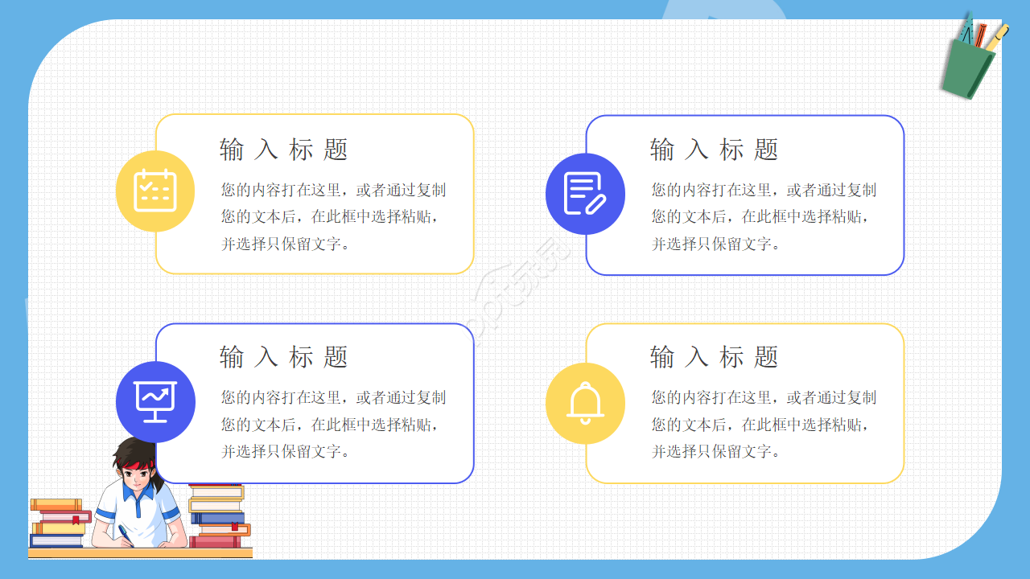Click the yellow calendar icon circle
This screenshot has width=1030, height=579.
click(155, 191)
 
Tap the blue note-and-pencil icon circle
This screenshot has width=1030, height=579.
click(585, 194)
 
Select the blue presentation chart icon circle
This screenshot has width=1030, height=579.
click(155, 401)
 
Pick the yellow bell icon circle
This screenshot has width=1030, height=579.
click(585, 403)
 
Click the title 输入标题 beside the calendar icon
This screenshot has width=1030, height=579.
click(284, 150)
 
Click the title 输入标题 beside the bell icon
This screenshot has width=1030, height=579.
click(715, 357)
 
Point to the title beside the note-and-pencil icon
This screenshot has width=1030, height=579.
click(715, 150)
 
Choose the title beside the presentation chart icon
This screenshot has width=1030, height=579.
click(284, 357)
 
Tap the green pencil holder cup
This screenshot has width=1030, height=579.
click(968, 69)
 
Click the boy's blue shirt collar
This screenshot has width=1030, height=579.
click(141, 502)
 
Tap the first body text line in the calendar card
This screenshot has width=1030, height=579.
click(333, 191)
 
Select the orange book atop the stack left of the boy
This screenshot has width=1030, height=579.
click(56, 504)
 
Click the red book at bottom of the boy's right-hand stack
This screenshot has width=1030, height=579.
click(215, 542)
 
